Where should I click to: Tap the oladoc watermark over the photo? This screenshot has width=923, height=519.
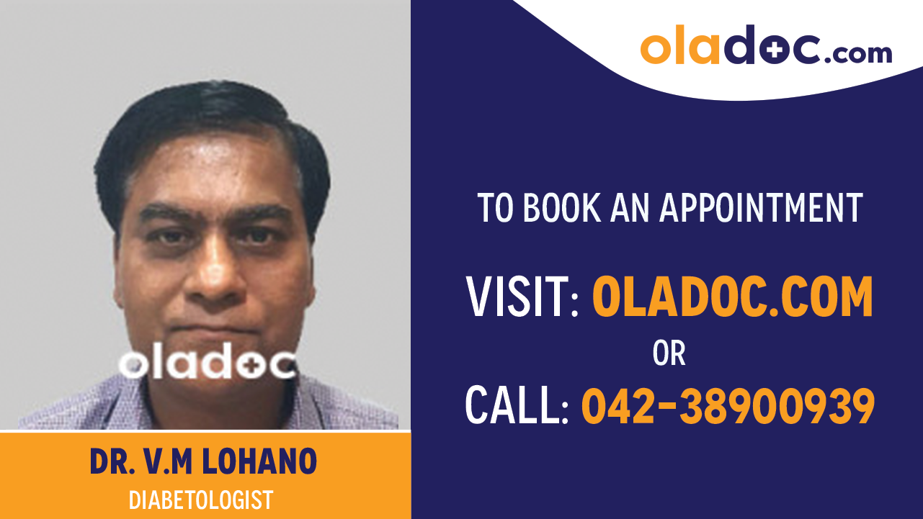[207, 364]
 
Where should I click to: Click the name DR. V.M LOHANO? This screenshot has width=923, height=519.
[203, 462]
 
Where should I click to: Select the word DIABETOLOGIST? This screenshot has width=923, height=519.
[201, 499]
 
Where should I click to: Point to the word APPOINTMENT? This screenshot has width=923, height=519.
[761, 208]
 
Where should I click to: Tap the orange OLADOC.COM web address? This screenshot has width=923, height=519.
[732, 297]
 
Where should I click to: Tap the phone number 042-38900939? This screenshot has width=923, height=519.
[728, 405]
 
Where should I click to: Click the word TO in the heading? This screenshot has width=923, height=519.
[495, 208]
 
